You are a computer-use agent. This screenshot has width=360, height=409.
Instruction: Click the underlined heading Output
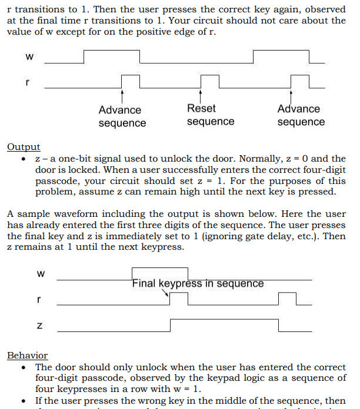[24, 147]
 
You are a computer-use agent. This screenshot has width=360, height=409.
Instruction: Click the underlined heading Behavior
[27, 356]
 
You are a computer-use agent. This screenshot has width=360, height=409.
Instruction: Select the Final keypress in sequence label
[198, 283]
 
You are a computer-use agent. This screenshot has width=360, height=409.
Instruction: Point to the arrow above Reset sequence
[201, 96]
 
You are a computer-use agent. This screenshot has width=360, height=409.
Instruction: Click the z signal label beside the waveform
[39, 325]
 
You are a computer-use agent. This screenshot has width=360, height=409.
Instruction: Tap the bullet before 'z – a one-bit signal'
[23, 159]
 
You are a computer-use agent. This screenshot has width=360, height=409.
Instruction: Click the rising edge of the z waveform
[170, 325]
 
